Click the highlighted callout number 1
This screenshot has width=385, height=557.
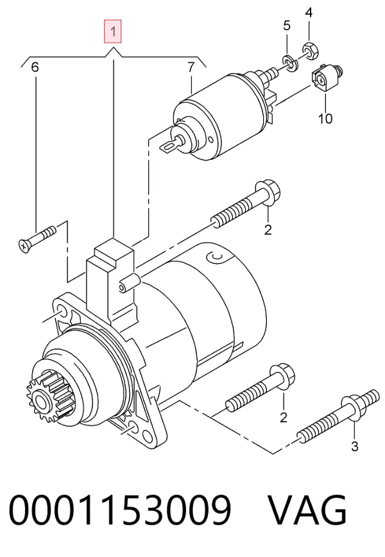click(112, 31)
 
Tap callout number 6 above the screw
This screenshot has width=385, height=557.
click(35, 67)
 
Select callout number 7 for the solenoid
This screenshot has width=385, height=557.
click(191, 67)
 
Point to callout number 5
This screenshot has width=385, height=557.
click(287, 26)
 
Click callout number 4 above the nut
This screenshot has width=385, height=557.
click(309, 13)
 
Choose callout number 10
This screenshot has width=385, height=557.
click(325, 118)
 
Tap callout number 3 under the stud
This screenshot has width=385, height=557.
click(354, 446)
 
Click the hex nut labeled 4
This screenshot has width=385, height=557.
click(310, 50)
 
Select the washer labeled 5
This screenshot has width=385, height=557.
click(291, 64)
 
